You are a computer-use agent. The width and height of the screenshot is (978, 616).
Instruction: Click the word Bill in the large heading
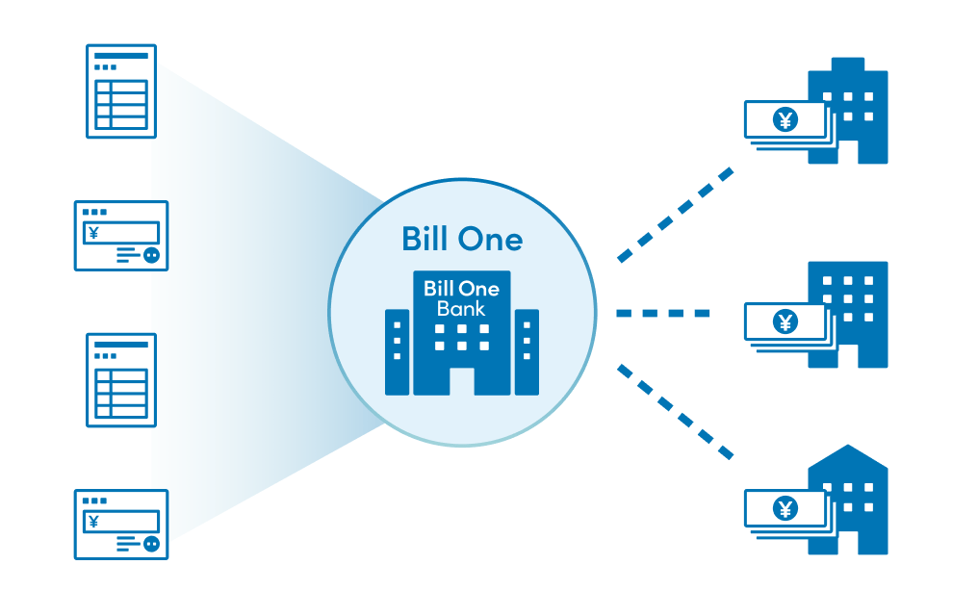click(x=425, y=239)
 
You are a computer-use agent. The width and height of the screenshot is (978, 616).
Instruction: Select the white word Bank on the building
click(x=461, y=309)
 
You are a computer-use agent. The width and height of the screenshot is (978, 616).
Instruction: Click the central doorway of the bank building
click(x=461, y=381)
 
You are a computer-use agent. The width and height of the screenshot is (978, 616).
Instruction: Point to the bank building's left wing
click(x=397, y=352)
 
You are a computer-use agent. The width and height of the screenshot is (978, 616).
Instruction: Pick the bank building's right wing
click(x=528, y=352)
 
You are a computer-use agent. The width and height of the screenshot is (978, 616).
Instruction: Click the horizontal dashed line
click(x=663, y=313)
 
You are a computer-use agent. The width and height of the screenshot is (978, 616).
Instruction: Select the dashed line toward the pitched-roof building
click(x=676, y=412)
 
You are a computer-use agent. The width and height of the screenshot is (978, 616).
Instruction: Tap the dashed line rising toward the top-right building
click(x=676, y=215)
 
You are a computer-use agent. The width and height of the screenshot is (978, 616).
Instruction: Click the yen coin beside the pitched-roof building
click(x=785, y=509)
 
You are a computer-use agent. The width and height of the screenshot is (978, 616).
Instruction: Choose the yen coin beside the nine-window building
click(x=785, y=321)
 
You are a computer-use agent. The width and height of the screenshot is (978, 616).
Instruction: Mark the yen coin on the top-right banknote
click(x=785, y=119)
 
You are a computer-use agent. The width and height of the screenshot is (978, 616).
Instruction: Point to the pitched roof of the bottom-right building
click(x=848, y=457)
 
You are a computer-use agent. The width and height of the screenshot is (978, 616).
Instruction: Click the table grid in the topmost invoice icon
click(x=121, y=105)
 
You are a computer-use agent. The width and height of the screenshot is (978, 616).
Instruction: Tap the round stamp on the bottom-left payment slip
click(x=151, y=544)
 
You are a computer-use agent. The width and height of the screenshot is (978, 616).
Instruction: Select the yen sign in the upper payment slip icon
click(x=93, y=233)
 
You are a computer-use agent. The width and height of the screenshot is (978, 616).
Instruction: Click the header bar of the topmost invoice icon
click(x=121, y=56)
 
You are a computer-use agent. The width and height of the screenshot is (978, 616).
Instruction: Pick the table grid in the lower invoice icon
click(x=121, y=394)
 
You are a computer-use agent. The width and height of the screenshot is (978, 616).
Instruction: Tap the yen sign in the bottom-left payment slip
click(x=93, y=522)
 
